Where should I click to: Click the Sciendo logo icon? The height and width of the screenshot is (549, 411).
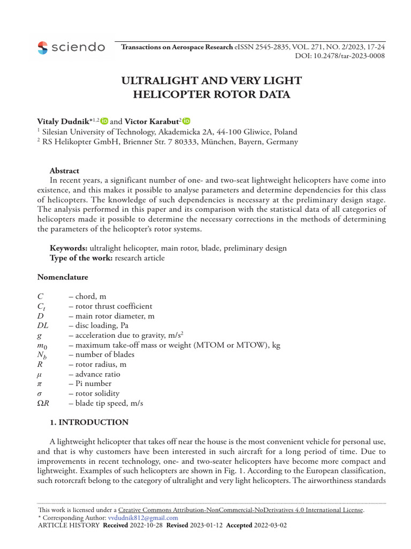click(43, 48)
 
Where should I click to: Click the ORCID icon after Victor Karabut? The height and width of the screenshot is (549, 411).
click(186, 122)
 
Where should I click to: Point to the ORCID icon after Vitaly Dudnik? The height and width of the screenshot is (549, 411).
click(104, 122)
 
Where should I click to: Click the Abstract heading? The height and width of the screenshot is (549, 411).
click(64, 171)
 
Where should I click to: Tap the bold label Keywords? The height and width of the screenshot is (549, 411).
click(68, 248)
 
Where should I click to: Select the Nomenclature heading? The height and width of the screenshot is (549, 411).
click(63, 277)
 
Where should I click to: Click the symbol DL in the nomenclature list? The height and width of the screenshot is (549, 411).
click(42, 325)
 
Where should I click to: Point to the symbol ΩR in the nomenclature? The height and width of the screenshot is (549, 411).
click(43, 403)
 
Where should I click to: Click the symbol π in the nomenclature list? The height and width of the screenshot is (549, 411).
click(39, 383)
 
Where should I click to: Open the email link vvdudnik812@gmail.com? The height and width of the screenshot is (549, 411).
click(143, 518)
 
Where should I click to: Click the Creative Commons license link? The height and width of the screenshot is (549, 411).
click(241, 510)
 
